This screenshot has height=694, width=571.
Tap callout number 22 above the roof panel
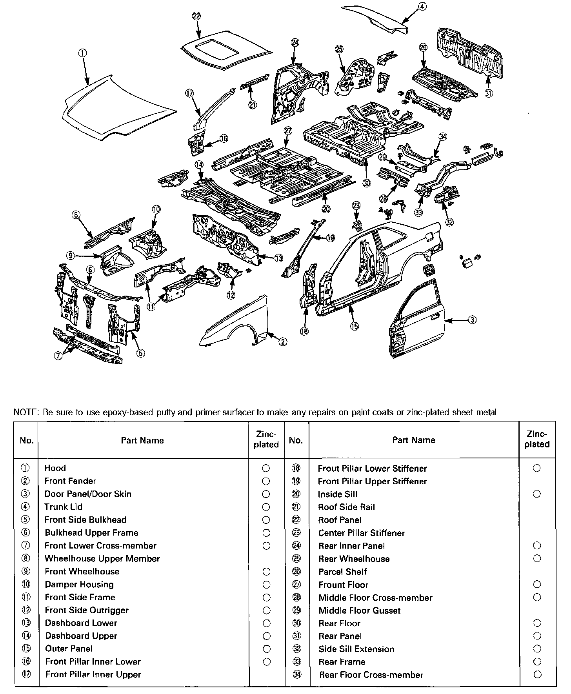click(x=197, y=16)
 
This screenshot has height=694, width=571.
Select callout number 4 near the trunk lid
click(x=422, y=6)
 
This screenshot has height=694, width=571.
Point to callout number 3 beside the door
click(x=473, y=320)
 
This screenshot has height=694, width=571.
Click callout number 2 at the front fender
click(x=282, y=342)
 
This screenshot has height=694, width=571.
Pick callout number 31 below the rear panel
click(x=489, y=93)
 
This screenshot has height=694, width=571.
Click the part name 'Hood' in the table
click(x=55, y=468)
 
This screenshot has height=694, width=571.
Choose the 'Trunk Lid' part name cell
click(x=64, y=507)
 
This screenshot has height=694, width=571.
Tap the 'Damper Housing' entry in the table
click(x=79, y=585)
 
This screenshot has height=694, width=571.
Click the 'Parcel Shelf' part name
click(x=343, y=572)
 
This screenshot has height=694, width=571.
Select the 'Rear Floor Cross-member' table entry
click(x=371, y=675)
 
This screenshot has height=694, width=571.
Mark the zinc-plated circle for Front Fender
click(x=266, y=481)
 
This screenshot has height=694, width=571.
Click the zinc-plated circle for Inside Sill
click(x=537, y=494)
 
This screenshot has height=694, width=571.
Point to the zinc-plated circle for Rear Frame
click(x=537, y=662)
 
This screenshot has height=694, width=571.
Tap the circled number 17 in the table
click(x=26, y=674)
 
